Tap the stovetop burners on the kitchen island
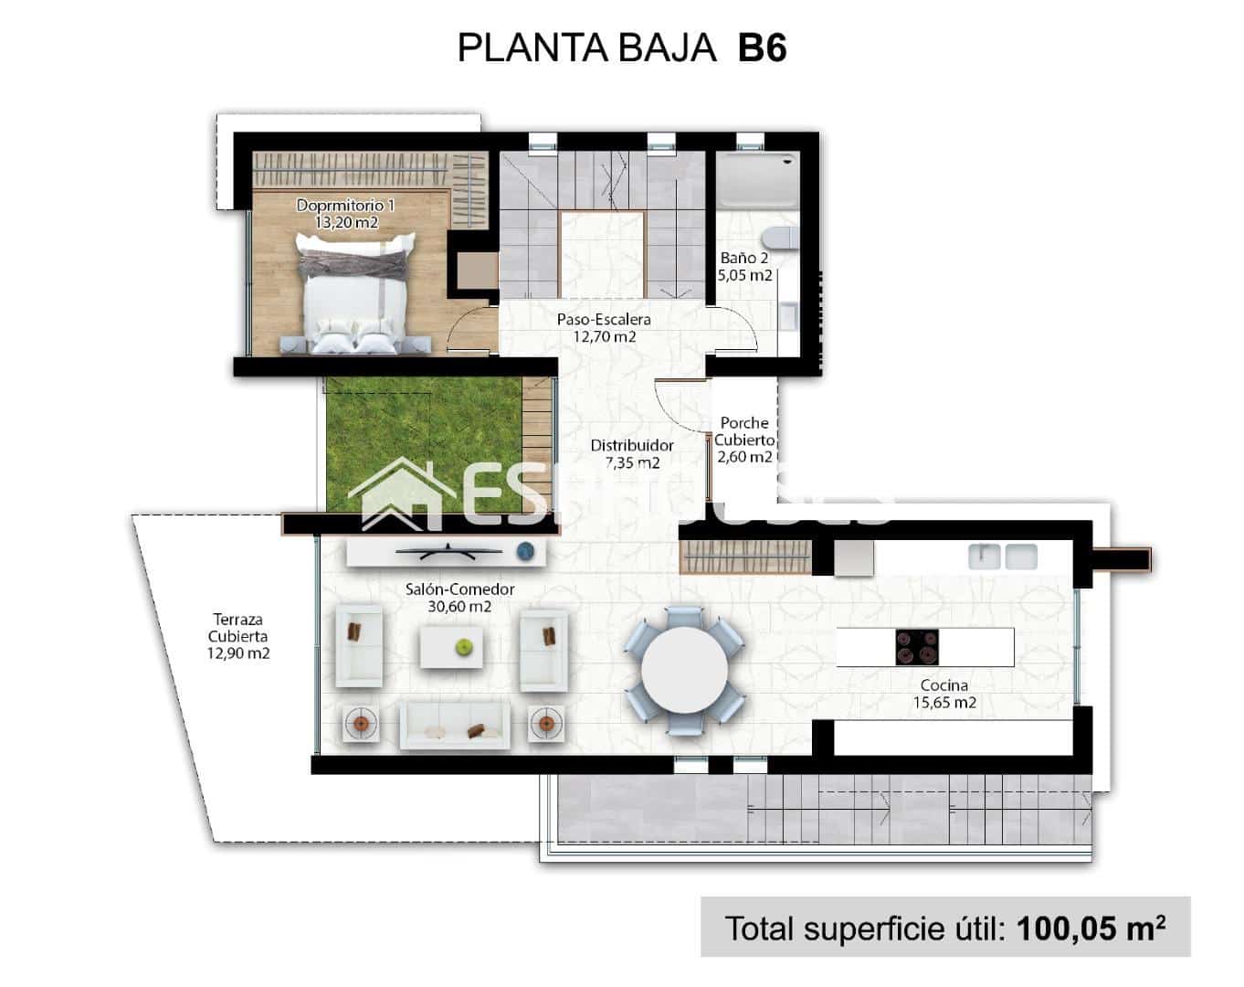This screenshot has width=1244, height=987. click(x=915, y=647)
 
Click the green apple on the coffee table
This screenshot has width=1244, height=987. click(x=465, y=647)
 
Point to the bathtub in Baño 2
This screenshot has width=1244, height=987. click(x=754, y=180)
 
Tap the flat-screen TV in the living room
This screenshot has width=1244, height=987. click(x=447, y=551)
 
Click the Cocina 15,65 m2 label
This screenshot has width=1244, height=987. click(x=944, y=694)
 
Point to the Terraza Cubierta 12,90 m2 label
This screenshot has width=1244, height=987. click(x=238, y=636)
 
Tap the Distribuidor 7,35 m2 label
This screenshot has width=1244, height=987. click(x=631, y=454)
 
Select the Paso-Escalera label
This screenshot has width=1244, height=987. click(x=604, y=328)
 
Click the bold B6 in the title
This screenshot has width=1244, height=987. click(x=761, y=48)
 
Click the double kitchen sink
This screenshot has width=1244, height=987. click(x=1003, y=556)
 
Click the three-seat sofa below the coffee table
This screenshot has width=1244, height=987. click(x=456, y=725)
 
